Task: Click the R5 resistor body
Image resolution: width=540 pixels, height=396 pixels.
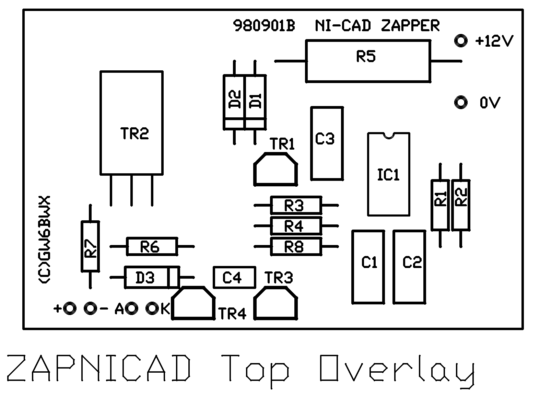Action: [x=367, y=61]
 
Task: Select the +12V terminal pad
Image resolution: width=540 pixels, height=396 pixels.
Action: [x=460, y=41]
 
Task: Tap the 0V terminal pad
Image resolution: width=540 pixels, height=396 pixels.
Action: [x=460, y=102]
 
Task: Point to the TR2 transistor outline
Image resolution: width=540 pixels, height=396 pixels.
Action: [x=131, y=123]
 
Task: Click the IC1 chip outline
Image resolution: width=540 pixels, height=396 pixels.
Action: [x=388, y=174]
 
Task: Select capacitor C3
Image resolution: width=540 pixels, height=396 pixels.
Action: [x=327, y=143]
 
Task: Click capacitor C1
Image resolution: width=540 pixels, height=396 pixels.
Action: [x=368, y=267]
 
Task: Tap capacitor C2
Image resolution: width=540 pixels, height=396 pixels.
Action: [x=409, y=267]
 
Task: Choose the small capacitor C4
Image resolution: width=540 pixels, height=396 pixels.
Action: [x=234, y=277]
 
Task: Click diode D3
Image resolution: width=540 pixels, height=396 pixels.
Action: [x=151, y=277]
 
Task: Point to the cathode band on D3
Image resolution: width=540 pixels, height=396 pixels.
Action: [x=173, y=277]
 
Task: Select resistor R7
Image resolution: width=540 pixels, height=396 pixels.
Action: [x=90, y=246]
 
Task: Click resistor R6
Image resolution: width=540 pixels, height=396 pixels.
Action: [x=152, y=246]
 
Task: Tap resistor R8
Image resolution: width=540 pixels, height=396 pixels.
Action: [x=296, y=246]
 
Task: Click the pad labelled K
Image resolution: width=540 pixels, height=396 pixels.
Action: [x=152, y=308]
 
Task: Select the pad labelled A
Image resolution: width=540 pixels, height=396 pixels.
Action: [x=131, y=308]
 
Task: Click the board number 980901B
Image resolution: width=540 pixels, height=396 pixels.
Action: [x=264, y=26]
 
